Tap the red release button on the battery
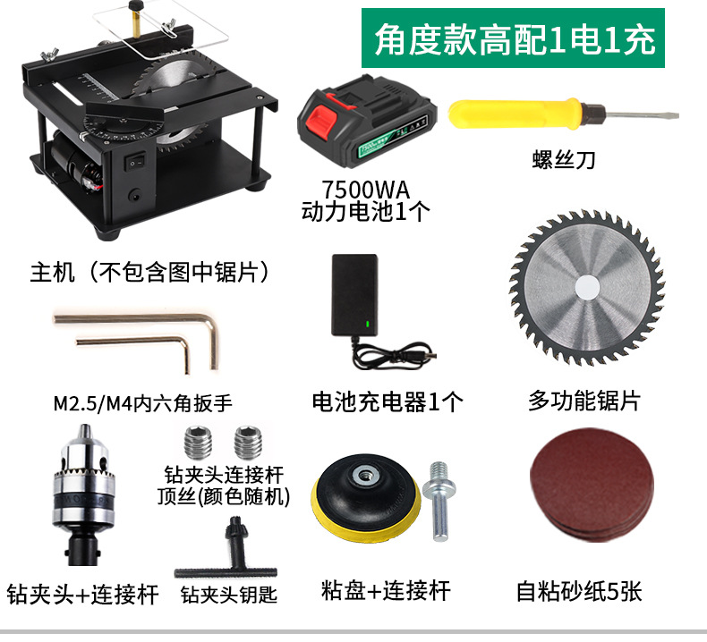point(322,121)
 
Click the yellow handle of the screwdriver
point(515,113)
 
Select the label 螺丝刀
point(564,159)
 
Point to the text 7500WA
point(365,190)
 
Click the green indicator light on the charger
point(368,324)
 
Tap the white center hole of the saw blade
point(587,287)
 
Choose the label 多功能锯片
point(583,400)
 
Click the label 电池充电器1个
point(388,401)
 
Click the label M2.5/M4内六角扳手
point(143,402)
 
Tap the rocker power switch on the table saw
point(135,162)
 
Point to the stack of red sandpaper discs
point(592,486)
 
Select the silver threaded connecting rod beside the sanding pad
point(439,501)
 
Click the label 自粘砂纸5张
point(579,592)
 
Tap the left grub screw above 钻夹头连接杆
point(198,442)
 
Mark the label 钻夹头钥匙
point(228,595)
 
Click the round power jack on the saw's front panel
point(134,196)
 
